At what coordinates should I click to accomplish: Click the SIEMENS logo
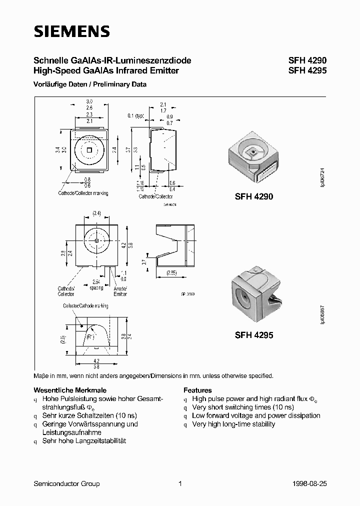(x=71, y=32)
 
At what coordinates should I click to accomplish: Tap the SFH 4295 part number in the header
(x=307, y=71)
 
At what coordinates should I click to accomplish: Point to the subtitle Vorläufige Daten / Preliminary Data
(x=90, y=84)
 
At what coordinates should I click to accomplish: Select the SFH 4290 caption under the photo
(x=254, y=197)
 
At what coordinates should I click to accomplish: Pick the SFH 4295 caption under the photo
(x=254, y=336)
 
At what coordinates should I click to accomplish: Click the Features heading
(x=197, y=390)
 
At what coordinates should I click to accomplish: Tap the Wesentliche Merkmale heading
(x=70, y=390)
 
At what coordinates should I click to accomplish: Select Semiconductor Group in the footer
(x=66, y=483)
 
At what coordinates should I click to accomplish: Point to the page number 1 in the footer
(x=179, y=483)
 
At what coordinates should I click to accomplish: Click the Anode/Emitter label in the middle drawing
(x=120, y=291)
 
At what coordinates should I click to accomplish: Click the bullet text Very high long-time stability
(x=233, y=424)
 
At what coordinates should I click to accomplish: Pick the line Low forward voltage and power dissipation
(x=256, y=415)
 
